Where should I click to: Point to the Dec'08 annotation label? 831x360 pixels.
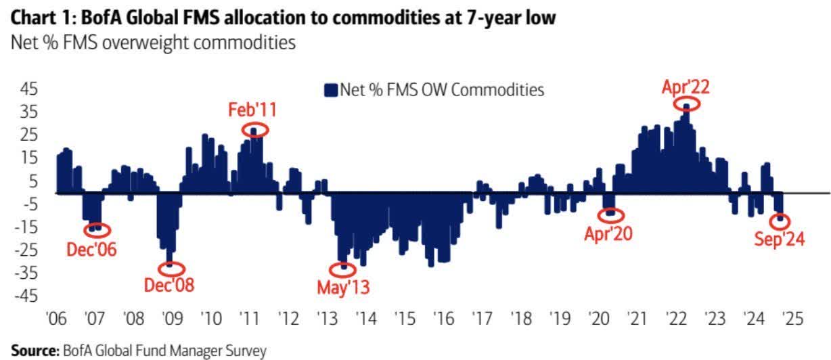169,285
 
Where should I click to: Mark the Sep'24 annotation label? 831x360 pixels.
780,238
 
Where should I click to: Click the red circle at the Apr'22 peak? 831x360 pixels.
687,104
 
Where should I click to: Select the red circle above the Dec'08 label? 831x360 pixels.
171,267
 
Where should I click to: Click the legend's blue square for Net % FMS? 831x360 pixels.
331,90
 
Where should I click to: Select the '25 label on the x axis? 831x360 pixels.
792,319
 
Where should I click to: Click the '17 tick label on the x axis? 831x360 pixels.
481,319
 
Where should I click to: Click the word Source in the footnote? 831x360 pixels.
34,351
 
